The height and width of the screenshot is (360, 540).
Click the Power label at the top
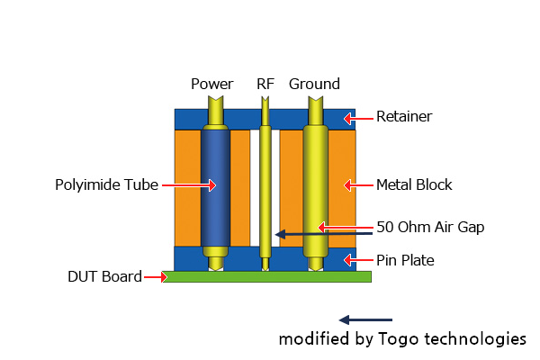(212, 85)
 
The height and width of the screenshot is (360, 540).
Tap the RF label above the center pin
(265, 85)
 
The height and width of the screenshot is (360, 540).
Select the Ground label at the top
(314, 85)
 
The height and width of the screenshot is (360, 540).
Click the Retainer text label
(404, 117)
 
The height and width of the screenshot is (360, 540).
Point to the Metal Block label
(414, 185)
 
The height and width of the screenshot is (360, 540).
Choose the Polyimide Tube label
(106, 185)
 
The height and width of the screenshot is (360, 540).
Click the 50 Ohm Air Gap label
(430, 227)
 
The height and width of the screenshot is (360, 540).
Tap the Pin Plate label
(405, 261)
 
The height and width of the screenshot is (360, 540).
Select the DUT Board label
(104, 276)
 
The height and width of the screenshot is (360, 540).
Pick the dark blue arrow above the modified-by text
(365, 319)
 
